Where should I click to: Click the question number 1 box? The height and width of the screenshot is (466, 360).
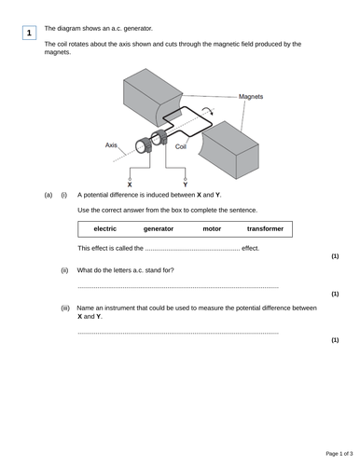[29, 34]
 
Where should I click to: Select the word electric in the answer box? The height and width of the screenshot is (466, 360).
[105, 228]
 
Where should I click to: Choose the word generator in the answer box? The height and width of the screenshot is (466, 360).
[159, 228]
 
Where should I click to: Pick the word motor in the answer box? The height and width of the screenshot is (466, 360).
[212, 228]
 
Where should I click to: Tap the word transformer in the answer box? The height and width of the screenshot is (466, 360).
[265, 228]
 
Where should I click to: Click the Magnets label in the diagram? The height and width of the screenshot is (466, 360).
[251, 97]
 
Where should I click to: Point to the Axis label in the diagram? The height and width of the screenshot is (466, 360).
[112, 145]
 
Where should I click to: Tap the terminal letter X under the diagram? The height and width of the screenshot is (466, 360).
[129, 185]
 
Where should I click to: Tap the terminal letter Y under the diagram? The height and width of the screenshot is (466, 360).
[185, 185]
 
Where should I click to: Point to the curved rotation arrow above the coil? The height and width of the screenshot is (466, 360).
[217, 109]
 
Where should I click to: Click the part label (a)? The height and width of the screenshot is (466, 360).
[48, 195]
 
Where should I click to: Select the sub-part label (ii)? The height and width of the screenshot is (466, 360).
[64, 270]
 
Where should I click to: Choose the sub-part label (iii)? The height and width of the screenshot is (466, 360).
[65, 308]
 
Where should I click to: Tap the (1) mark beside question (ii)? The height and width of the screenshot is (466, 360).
[335, 294]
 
